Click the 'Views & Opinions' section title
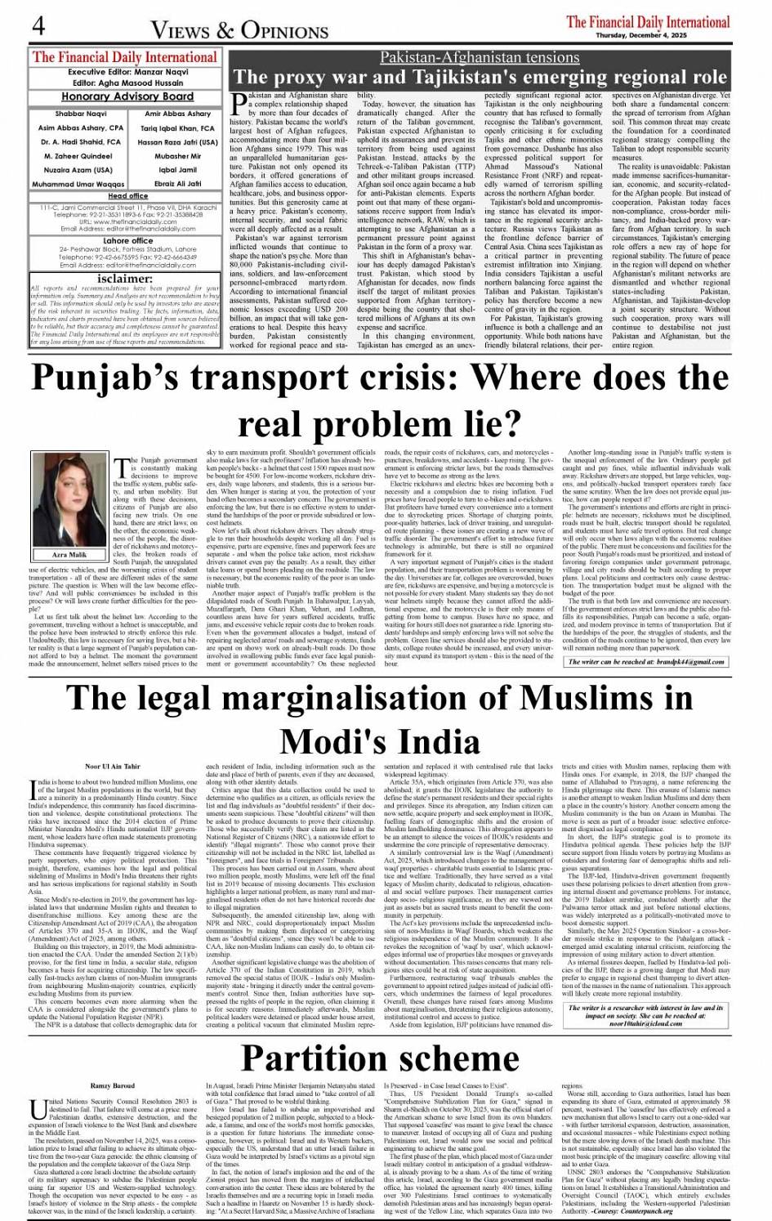point(239,29)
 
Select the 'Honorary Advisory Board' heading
point(126,96)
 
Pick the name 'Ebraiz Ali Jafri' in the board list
point(177,184)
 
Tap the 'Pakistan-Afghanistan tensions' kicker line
point(480,57)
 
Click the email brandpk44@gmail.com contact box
point(646,661)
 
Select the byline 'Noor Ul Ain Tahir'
point(113,766)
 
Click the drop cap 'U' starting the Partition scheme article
point(38,1108)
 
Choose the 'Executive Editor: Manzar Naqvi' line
point(126,72)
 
